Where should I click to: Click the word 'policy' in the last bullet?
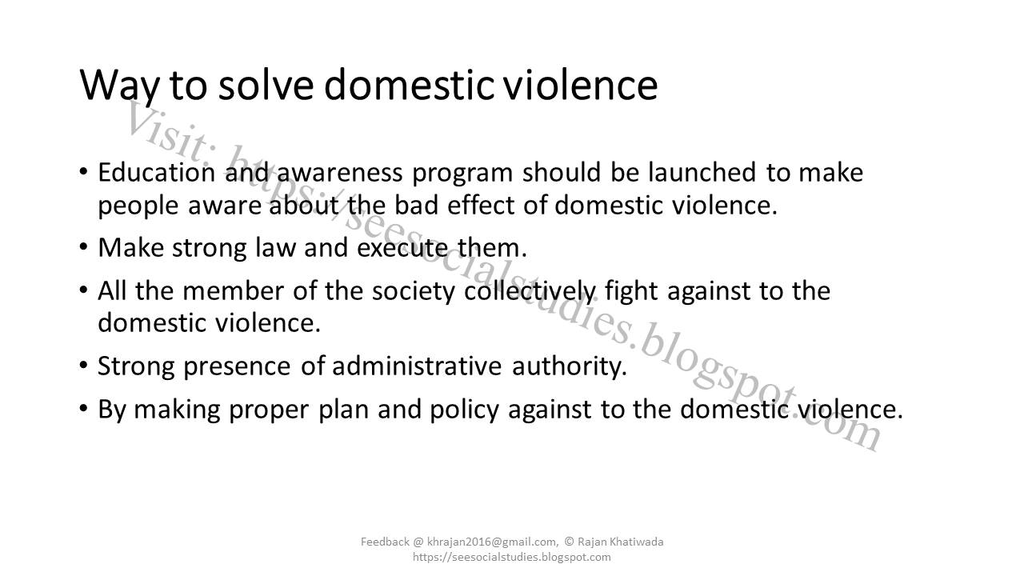point(465,410)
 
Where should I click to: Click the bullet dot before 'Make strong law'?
point(85,247)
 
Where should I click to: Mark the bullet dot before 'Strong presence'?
point(85,366)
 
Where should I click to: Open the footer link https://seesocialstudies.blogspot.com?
point(512,557)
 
